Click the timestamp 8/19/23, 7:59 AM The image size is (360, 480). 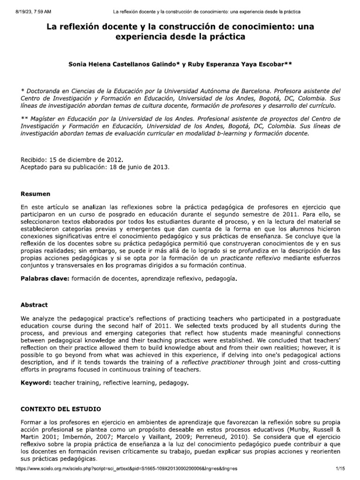coord(22,11)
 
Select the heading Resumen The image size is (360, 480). coord(36,193)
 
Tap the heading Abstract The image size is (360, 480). coord(34,305)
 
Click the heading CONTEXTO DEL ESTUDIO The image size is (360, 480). coord(60,409)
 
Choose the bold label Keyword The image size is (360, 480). coord(36,383)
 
